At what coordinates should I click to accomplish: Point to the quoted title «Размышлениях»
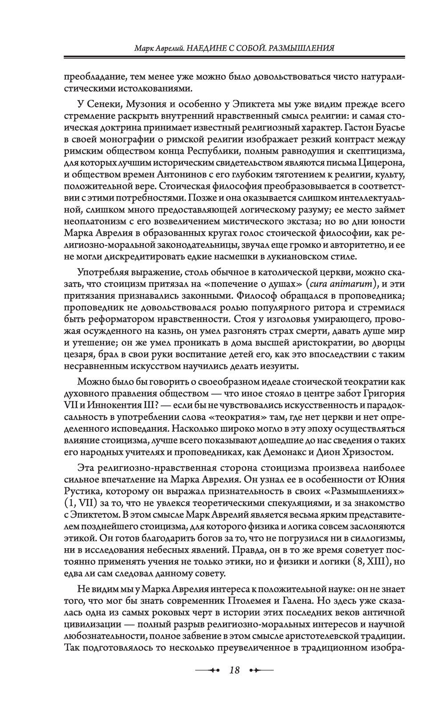point(368,492)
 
